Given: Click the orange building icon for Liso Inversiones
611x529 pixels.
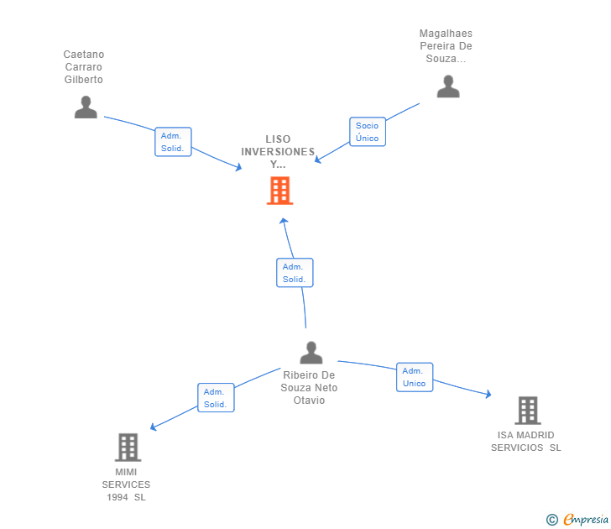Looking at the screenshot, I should pyautogui.click(x=279, y=191).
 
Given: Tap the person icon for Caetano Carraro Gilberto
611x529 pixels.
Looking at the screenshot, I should pyautogui.click(x=86, y=107).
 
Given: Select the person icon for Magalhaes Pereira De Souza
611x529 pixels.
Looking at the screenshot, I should pyautogui.click(x=448, y=86).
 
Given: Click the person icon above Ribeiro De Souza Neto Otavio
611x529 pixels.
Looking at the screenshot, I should pyautogui.click(x=311, y=353).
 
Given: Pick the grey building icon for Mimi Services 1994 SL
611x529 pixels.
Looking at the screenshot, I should pyautogui.click(x=128, y=448).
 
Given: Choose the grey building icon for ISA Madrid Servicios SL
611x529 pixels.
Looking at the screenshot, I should pyautogui.click(x=527, y=411).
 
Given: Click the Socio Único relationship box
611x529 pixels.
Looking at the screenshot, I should pyautogui.click(x=367, y=132).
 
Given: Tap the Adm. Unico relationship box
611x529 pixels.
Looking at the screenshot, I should pyautogui.click(x=414, y=377).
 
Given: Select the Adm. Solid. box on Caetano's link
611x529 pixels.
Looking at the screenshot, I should pyautogui.click(x=173, y=142).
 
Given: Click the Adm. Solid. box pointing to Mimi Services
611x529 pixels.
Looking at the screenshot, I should pyautogui.click(x=216, y=398).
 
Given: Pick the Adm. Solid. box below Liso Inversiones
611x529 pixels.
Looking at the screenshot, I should pyautogui.click(x=294, y=273).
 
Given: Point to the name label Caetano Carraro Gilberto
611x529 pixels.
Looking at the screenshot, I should pyautogui.click(x=84, y=67).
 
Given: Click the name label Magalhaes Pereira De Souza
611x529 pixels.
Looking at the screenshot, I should pyautogui.click(x=446, y=46).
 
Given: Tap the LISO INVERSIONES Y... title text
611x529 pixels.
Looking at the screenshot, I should pyautogui.click(x=278, y=152).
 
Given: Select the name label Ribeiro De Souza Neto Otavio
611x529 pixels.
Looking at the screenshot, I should pyautogui.click(x=310, y=388).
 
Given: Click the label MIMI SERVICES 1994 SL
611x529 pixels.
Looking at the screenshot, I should pyautogui.click(x=127, y=484).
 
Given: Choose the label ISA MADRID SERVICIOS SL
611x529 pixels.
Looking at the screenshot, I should pyautogui.click(x=526, y=442).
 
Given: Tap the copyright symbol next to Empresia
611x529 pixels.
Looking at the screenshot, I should pyautogui.click(x=552, y=521).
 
